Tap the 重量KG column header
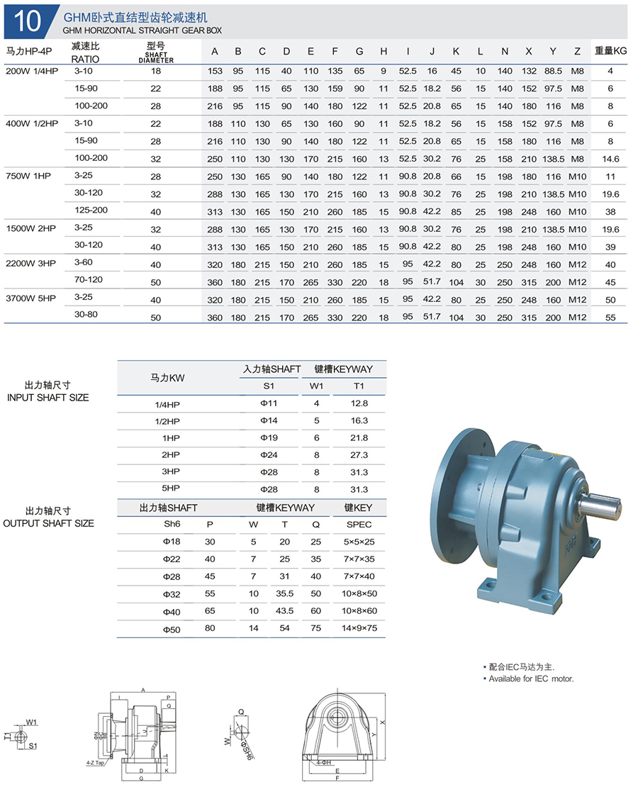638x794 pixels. [610, 51]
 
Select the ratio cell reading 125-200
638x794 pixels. [90, 210]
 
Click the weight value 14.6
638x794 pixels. [610, 159]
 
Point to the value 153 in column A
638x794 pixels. [215, 71]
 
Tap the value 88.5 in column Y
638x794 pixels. [553, 71]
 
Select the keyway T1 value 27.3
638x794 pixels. [359, 455]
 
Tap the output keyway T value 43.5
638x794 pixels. [285, 611]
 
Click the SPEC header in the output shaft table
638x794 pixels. [359, 525]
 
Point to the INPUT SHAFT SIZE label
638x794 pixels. [48, 398]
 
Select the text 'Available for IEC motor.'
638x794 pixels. [531, 679]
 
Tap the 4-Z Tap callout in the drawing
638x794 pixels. [95, 764]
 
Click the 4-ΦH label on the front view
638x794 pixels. [323, 763]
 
